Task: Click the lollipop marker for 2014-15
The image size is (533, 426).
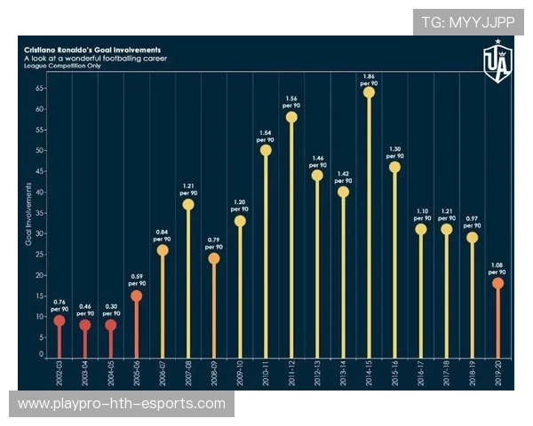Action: [x=369, y=92]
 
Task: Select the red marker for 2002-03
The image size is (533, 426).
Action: [x=60, y=320]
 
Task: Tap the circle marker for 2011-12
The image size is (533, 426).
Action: [x=291, y=117]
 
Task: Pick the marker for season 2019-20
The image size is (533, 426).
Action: [x=498, y=283]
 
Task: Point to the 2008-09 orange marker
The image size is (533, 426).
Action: [x=214, y=258]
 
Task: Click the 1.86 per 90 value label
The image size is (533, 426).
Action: [x=369, y=76]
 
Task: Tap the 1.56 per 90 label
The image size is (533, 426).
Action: [x=291, y=101]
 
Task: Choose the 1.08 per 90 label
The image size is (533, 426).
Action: [x=498, y=267]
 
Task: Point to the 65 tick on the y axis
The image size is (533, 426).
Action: [x=41, y=89]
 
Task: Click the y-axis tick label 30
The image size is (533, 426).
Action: [x=41, y=233]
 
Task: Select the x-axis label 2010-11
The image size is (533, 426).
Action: [x=266, y=374]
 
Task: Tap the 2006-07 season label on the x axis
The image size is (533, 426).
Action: [x=163, y=374]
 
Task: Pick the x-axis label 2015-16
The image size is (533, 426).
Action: [x=394, y=374]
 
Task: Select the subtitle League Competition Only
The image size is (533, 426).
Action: [x=62, y=66]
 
